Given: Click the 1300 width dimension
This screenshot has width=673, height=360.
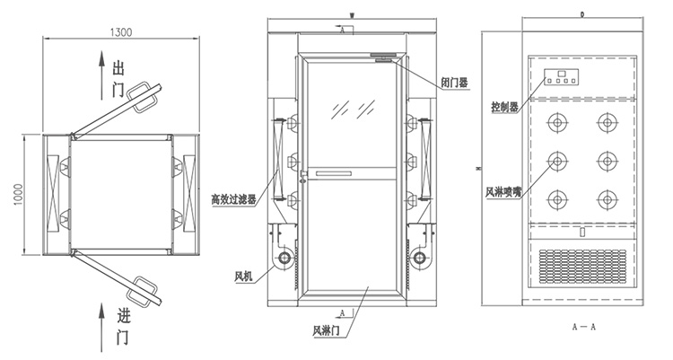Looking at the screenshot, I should (122, 32).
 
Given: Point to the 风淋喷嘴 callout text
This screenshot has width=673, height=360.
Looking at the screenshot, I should (505, 192).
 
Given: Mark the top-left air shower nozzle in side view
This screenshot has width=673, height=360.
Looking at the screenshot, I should (558, 121).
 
